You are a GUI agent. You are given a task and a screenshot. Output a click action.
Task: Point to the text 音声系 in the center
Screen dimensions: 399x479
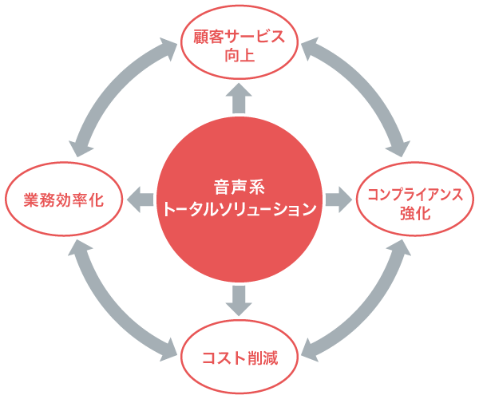click(x=239, y=188)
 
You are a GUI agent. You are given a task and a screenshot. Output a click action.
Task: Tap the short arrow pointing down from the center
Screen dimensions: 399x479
click(x=239, y=299)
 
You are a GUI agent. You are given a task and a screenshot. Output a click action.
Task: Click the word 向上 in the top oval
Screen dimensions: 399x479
click(x=239, y=57)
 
